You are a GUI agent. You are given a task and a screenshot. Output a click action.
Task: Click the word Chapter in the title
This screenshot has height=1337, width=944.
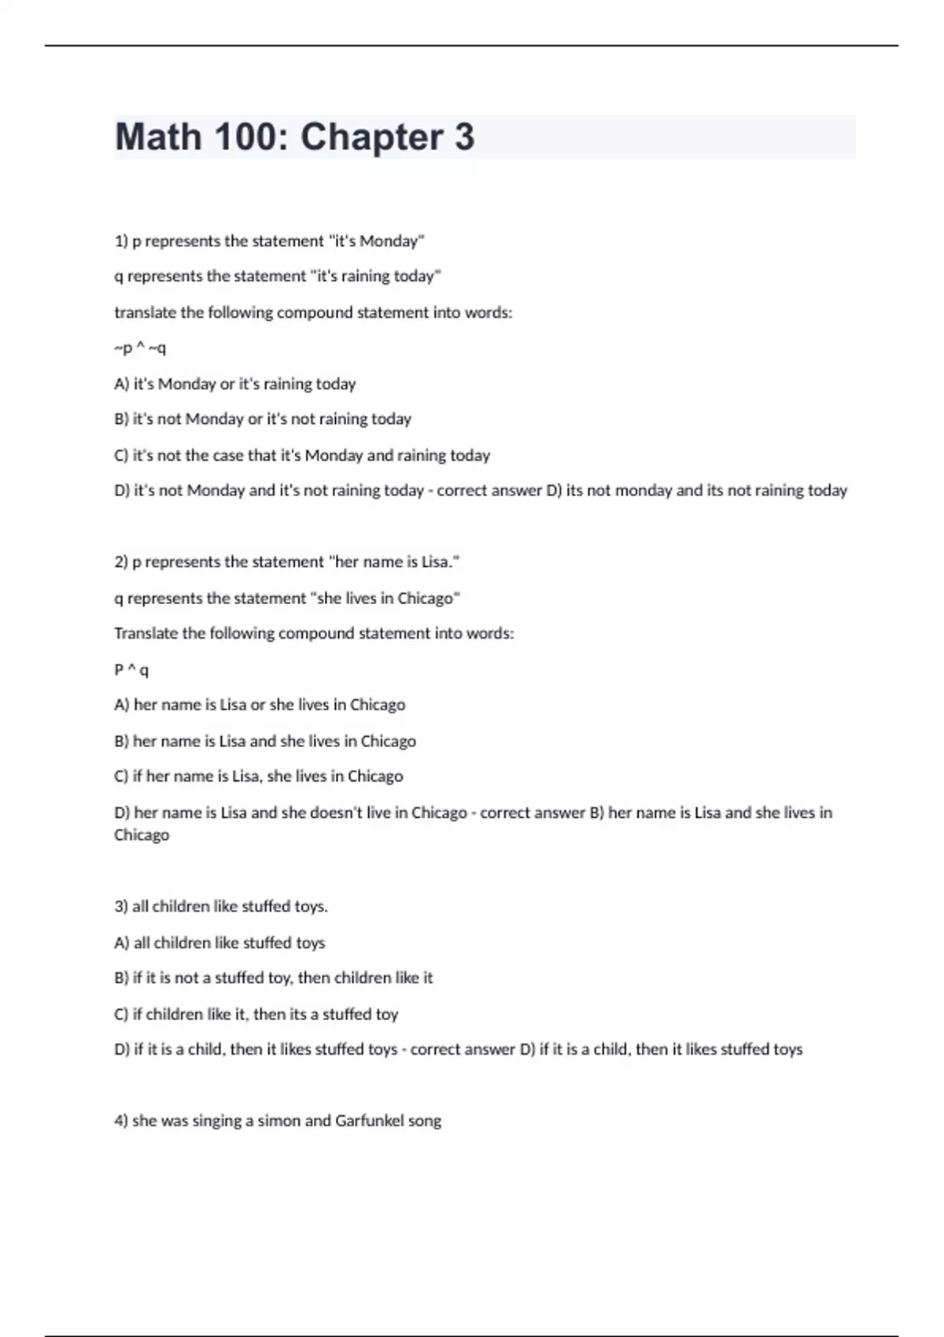tap(371, 138)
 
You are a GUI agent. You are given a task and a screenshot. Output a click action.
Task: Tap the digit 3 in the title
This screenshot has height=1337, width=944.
tap(464, 138)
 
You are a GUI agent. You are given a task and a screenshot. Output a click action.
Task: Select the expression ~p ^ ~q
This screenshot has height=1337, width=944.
tap(140, 348)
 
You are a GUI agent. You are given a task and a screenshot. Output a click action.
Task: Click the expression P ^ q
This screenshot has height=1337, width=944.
tap(131, 669)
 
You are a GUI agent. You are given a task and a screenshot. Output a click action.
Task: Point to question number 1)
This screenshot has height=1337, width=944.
tap(121, 241)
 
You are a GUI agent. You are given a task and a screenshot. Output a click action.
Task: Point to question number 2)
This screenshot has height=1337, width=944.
tap(121, 562)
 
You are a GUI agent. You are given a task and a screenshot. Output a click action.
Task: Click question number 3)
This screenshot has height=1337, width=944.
tap(121, 906)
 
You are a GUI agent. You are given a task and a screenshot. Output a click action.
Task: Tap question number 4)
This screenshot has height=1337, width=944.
tap(121, 1121)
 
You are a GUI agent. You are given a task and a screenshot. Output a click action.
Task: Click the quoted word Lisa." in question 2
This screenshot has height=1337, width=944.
tap(441, 562)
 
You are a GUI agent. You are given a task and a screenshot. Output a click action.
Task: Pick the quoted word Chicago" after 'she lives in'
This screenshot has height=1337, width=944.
tap(429, 598)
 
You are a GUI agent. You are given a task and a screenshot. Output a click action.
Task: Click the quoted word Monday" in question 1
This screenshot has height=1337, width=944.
tap(392, 241)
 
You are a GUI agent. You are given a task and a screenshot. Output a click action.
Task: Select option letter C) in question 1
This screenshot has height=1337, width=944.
tap(121, 455)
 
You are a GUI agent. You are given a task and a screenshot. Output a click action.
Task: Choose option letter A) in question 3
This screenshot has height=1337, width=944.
tap(121, 942)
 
